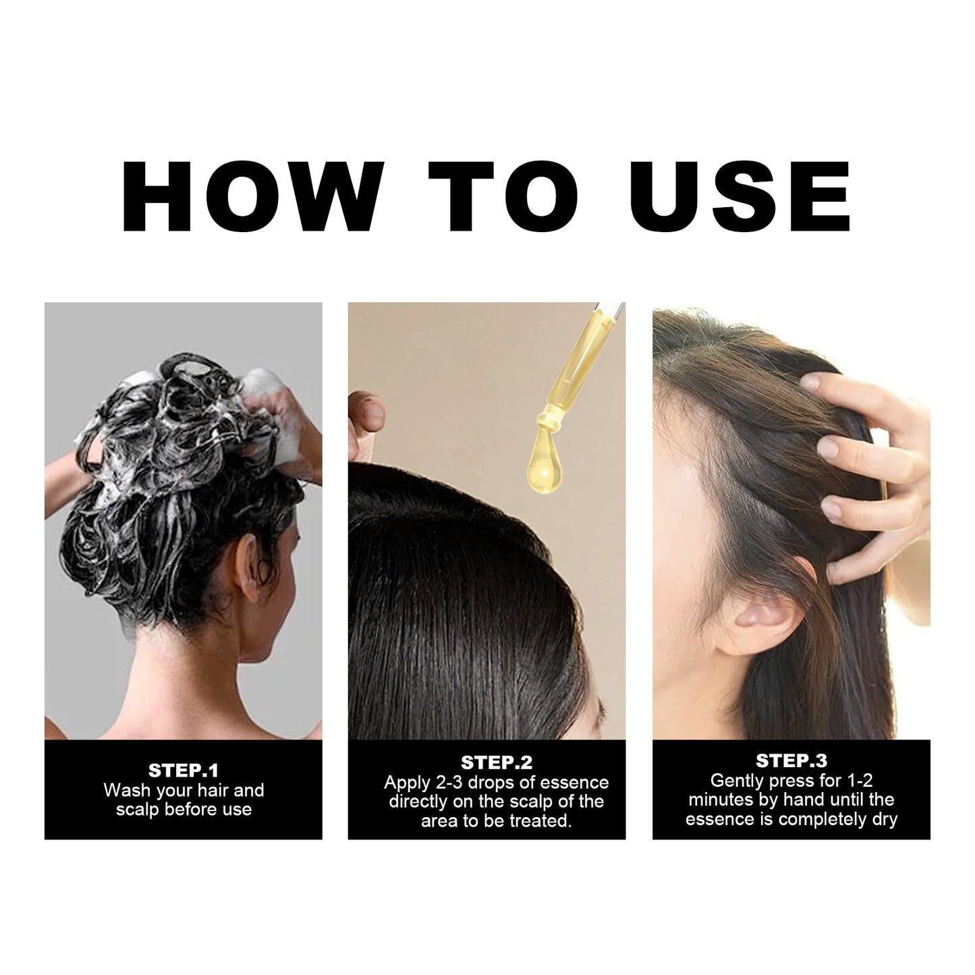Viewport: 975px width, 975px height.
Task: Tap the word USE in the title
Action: pos(740,196)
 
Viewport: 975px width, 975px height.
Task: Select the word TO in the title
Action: pos(503,196)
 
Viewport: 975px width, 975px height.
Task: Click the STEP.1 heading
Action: pos(183,771)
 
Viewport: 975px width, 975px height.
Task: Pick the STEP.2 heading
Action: pos(497,762)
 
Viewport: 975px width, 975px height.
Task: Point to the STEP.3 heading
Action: pos(791,760)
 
